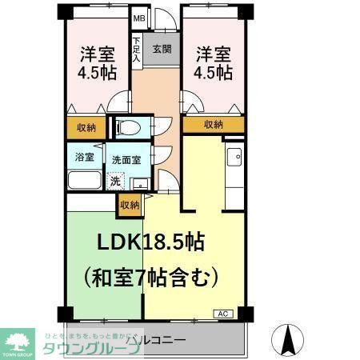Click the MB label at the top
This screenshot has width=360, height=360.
(x=139, y=18)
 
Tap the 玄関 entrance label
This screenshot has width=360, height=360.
(x=161, y=49)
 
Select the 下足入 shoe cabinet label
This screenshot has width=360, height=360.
(x=137, y=49)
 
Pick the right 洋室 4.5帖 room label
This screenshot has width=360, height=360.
(x=214, y=63)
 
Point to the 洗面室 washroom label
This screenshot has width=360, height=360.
(x=126, y=159)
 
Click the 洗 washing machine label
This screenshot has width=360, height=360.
(x=116, y=181)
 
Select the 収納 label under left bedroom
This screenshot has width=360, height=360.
(x=86, y=127)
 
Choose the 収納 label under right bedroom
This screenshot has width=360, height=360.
(x=213, y=124)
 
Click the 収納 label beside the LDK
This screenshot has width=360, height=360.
(x=130, y=205)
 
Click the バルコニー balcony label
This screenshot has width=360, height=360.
(x=156, y=341)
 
